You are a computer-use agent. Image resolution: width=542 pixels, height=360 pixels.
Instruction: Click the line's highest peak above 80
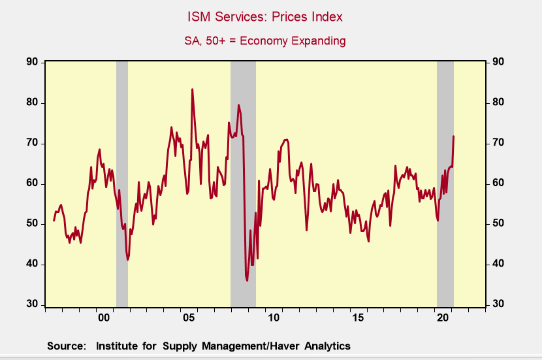(192, 90)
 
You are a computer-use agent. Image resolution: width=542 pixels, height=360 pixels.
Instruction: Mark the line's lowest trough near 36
(247, 280)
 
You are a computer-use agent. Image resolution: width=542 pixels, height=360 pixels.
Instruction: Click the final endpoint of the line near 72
(453, 136)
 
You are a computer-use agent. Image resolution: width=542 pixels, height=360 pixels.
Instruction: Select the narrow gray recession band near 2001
(121, 183)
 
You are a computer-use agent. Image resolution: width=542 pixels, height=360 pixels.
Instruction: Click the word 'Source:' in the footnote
(66, 346)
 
